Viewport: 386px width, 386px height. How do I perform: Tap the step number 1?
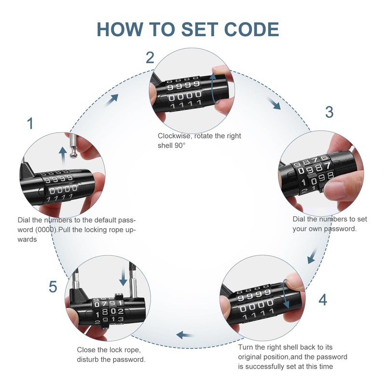[30, 123]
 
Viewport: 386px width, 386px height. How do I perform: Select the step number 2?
[150, 58]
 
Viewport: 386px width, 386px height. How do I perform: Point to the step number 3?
[329, 112]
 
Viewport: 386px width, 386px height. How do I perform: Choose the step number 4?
[322, 300]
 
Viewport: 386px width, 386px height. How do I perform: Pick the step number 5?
[53, 287]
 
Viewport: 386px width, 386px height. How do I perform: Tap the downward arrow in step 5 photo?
[124, 276]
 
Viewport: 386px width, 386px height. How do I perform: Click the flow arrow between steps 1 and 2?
[113, 98]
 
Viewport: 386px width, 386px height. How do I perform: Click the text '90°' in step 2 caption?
[179, 146]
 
